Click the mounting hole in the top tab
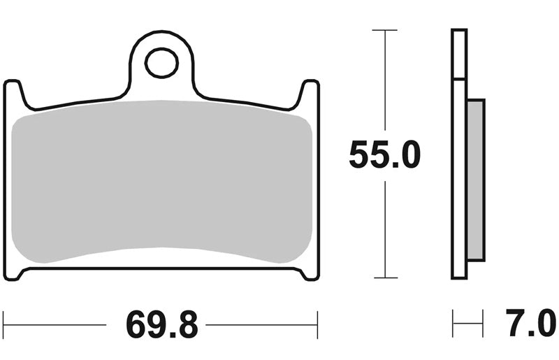(x=161, y=63)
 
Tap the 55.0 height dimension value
(x=385, y=155)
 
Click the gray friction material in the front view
(x=161, y=181)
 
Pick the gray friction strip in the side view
(x=476, y=180)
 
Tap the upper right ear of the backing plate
(x=307, y=92)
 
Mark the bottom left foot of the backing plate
(x=14, y=273)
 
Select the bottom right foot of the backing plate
(x=309, y=273)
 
